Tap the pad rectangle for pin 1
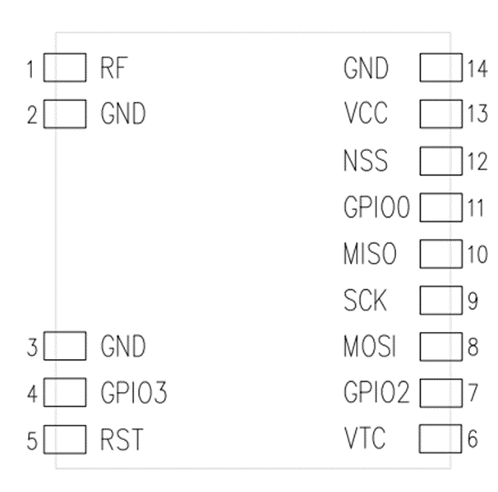tap(64, 68)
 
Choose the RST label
tap(121, 440)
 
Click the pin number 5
tap(31, 441)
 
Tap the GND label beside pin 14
tap(366, 68)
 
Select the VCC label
tap(366, 114)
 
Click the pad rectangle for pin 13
tap(440, 113)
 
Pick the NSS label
tap(366, 161)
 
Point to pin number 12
tap(477, 161)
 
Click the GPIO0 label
tap(376, 208)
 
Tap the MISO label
tap(370, 254)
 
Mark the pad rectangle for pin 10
tap(440, 253)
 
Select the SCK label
tap(365, 301)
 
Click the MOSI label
tap(370, 347)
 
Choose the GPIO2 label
tap(376, 393)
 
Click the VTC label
tap(365, 439)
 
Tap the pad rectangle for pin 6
tap(440, 439)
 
